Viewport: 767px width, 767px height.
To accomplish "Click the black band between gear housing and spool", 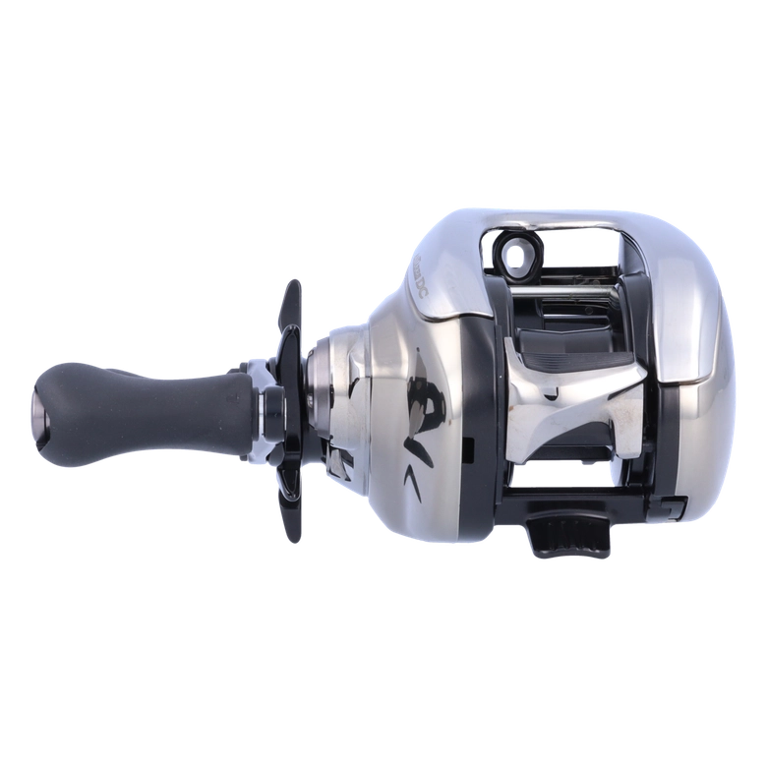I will coord(482,413).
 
